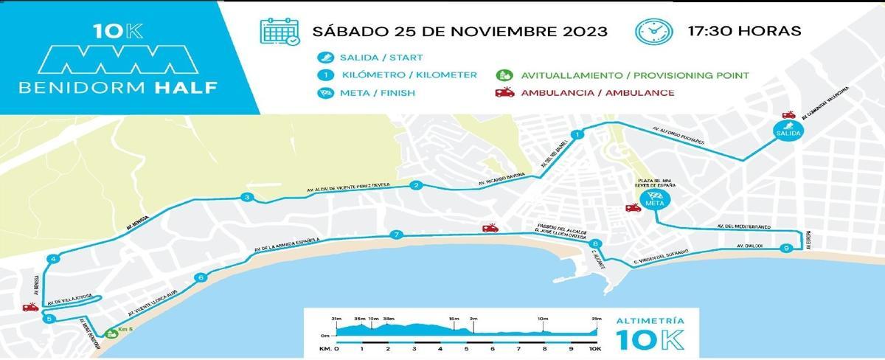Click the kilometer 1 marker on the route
577,135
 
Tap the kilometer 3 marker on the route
247,197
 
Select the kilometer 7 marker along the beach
396,235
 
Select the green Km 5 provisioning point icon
111,333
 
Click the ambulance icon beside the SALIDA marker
788,115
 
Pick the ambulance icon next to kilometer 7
490,228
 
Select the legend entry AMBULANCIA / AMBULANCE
597,93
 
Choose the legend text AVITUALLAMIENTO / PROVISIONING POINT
635,75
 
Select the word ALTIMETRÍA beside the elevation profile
646,322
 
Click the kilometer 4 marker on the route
52,259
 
